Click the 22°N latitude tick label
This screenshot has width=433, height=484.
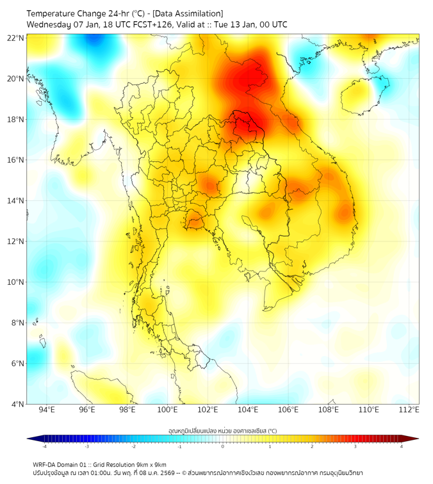pyautogui.click(x=16, y=38)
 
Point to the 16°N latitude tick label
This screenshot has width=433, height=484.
pyautogui.click(x=16, y=160)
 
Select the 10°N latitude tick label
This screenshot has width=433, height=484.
pyautogui.click(x=16, y=282)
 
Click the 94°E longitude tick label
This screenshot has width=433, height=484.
pyautogui.click(x=47, y=410)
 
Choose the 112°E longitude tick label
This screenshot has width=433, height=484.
pyautogui.click(x=409, y=410)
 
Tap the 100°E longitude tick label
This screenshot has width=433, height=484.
pyautogui.click(x=168, y=410)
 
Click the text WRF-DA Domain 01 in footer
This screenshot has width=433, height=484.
pyautogui.click(x=63, y=464)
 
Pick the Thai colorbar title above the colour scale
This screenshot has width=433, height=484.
pyautogui.click(x=222, y=430)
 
